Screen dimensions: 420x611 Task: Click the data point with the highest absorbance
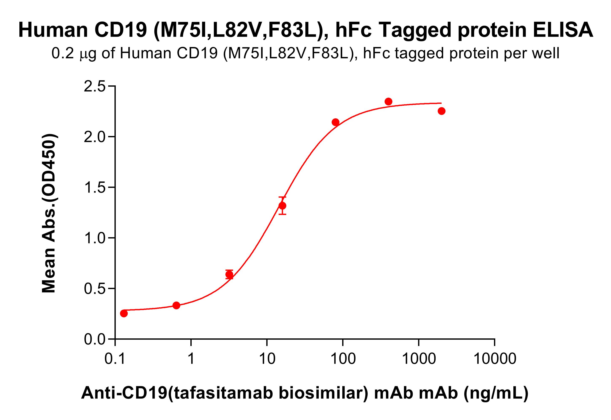(x=388, y=102)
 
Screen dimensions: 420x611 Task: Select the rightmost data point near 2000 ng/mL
(x=441, y=111)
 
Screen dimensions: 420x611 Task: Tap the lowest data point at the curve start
(x=124, y=314)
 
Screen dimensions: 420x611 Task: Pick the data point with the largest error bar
(x=282, y=206)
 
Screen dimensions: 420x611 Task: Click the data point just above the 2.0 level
(x=335, y=122)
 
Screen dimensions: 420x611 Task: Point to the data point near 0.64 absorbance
(x=229, y=275)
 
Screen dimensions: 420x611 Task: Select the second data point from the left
(x=176, y=305)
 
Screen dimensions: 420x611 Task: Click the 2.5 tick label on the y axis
(x=94, y=87)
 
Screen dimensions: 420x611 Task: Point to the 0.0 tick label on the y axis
(x=94, y=340)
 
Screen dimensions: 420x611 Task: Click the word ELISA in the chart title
(x=563, y=30)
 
